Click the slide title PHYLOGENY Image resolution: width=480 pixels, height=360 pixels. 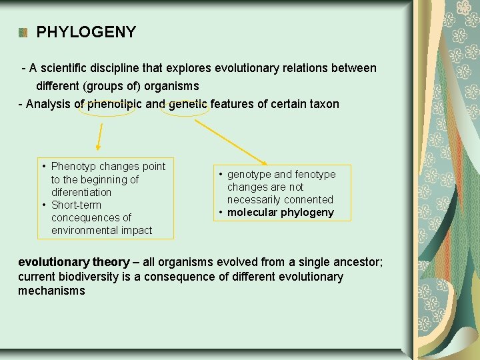pos(86,32)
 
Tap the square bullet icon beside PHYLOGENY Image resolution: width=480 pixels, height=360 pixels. pos(23,33)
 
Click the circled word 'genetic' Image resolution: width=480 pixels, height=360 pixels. pos(189,104)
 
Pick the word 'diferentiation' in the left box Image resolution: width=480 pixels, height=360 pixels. pos(81,192)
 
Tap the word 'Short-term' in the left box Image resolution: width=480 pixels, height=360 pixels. pos(76,205)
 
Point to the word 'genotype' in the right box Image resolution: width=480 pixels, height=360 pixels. pos(249,174)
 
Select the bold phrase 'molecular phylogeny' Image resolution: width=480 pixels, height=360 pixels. pos(280,213)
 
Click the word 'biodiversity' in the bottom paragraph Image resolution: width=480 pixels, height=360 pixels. pos(95,277)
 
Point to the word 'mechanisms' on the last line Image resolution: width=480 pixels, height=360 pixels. pos(51,291)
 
